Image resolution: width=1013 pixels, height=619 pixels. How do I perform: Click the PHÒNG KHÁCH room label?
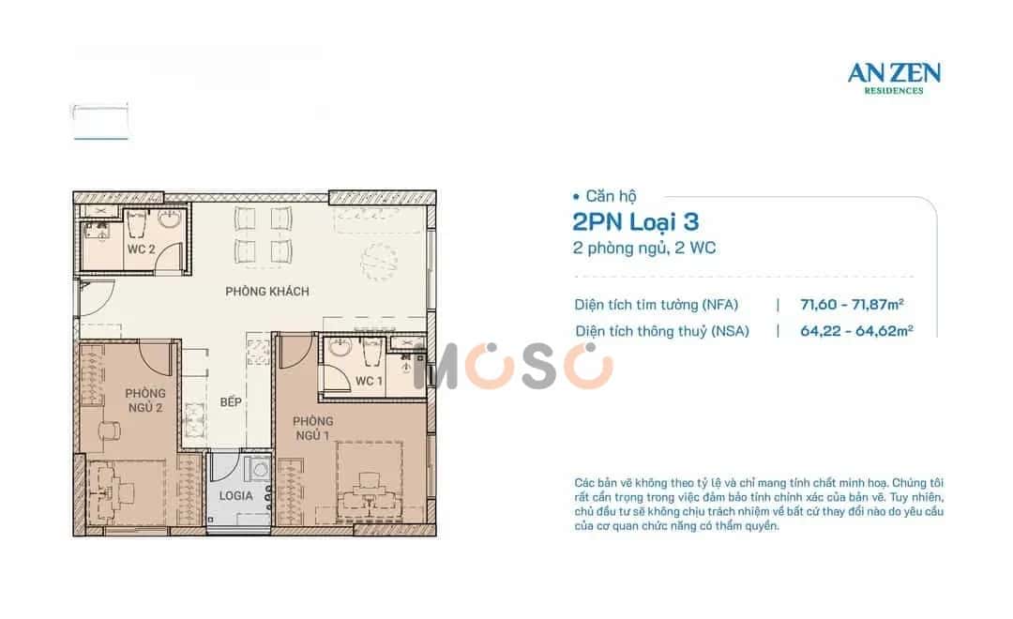pyautogui.click(x=266, y=292)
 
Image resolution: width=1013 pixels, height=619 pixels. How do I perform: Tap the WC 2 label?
pyautogui.click(x=141, y=249)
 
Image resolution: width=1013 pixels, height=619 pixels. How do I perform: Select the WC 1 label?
pyautogui.click(x=369, y=381)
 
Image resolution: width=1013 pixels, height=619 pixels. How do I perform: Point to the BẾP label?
pyautogui.click(x=231, y=402)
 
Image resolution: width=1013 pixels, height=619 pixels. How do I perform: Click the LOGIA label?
pyautogui.click(x=235, y=495)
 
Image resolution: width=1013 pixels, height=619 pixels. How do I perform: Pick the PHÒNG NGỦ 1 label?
pyautogui.click(x=312, y=429)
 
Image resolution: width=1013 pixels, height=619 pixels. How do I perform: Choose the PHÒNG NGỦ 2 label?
pyautogui.click(x=145, y=400)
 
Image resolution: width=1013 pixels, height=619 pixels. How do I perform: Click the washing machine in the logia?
pyautogui.click(x=259, y=469)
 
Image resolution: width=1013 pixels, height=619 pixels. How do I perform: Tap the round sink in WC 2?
pyautogui.click(x=170, y=219)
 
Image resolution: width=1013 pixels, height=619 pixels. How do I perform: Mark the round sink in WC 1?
pyautogui.click(x=340, y=348)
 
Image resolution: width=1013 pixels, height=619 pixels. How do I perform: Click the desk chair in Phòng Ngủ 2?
pyautogui.click(x=110, y=430)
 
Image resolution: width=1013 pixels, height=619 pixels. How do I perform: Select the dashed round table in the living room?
pyautogui.click(x=379, y=262)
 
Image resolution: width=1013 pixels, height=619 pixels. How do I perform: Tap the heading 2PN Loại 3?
pyautogui.click(x=636, y=222)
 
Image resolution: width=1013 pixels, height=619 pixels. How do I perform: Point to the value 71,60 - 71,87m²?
pyautogui.click(x=852, y=304)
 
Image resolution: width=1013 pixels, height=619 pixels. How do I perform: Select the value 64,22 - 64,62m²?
pyautogui.click(x=856, y=331)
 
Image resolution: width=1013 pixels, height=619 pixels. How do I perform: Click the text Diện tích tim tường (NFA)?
pyautogui.click(x=657, y=304)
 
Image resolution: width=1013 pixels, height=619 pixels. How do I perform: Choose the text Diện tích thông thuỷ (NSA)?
pyautogui.click(x=662, y=331)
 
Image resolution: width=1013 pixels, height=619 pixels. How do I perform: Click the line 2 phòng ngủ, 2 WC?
pyautogui.click(x=644, y=249)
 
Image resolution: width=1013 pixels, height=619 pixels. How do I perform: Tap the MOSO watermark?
pyautogui.click(x=514, y=367)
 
